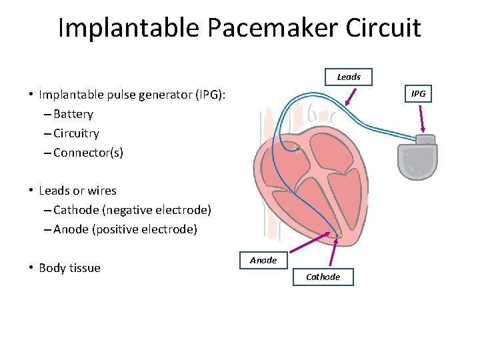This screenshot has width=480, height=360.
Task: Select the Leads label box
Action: click(349, 77)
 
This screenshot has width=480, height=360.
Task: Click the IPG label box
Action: click(418, 94)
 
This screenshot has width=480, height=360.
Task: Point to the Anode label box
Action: click(263, 260)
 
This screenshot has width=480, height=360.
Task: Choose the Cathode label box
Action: click(323, 277)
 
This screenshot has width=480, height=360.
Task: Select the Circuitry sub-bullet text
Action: click(76, 133)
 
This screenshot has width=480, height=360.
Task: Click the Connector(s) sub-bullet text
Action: click(88, 153)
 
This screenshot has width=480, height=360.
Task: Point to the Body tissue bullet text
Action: click(69, 268)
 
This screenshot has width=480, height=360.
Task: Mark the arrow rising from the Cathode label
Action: click(331, 249)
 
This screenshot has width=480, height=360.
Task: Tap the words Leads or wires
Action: click(77, 191)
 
